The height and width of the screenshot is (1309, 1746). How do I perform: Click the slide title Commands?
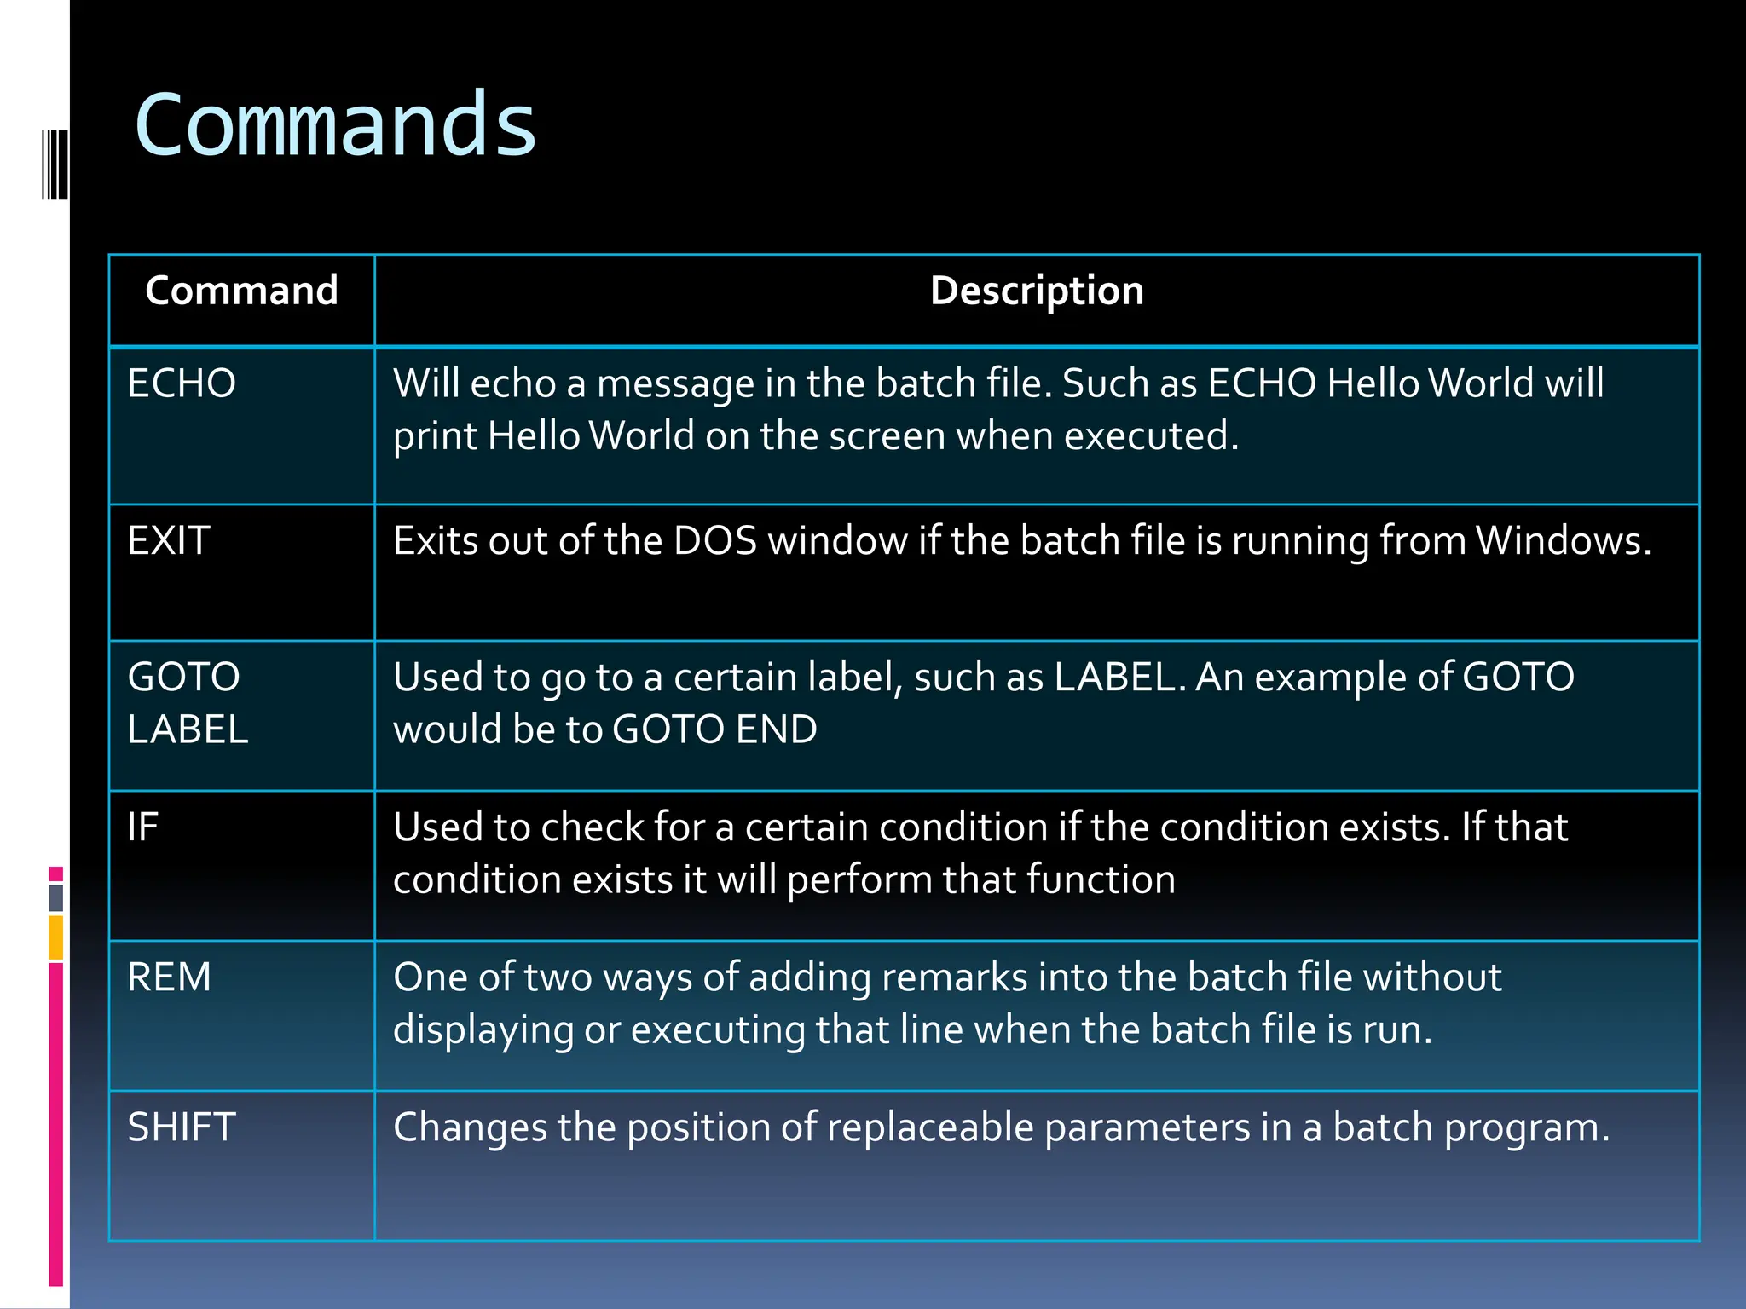click(x=335, y=125)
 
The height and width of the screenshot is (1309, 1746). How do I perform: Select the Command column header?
click(x=241, y=291)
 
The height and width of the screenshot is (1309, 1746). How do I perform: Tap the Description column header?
click(x=1037, y=291)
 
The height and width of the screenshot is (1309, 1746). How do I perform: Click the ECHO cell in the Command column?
click(x=182, y=383)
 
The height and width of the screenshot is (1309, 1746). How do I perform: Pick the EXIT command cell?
click(x=169, y=540)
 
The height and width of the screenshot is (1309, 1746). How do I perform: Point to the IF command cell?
click(x=143, y=827)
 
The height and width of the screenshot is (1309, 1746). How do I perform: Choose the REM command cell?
click(x=169, y=977)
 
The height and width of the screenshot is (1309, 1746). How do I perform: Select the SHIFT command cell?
click(x=182, y=1127)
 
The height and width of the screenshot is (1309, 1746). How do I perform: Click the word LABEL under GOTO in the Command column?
click(x=188, y=729)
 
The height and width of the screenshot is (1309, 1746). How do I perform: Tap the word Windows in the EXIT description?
click(x=1563, y=540)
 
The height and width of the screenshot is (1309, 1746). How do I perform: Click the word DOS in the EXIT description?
click(x=715, y=540)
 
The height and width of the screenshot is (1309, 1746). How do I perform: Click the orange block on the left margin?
click(x=56, y=937)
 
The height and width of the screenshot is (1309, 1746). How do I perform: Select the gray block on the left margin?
click(x=56, y=897)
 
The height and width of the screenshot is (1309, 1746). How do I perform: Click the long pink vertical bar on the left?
click(x=56, y=1123)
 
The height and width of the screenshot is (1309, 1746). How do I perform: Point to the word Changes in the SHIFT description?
click(x=470, y=1127)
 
